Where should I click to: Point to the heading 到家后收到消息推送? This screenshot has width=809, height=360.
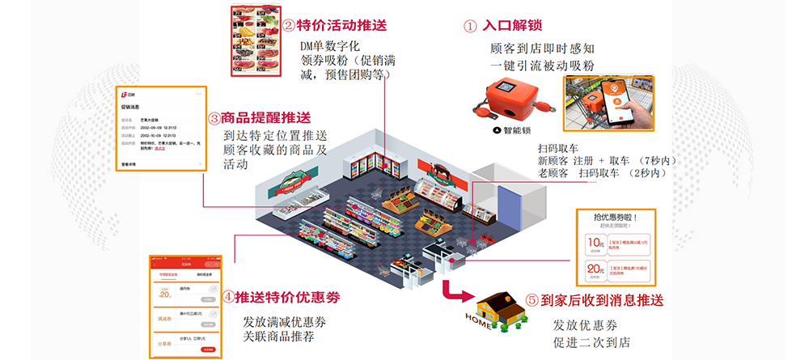tap(601, 299)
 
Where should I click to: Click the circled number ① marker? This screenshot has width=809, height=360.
tap(471, 26)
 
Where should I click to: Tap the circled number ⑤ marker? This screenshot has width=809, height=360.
tap(532, 300)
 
